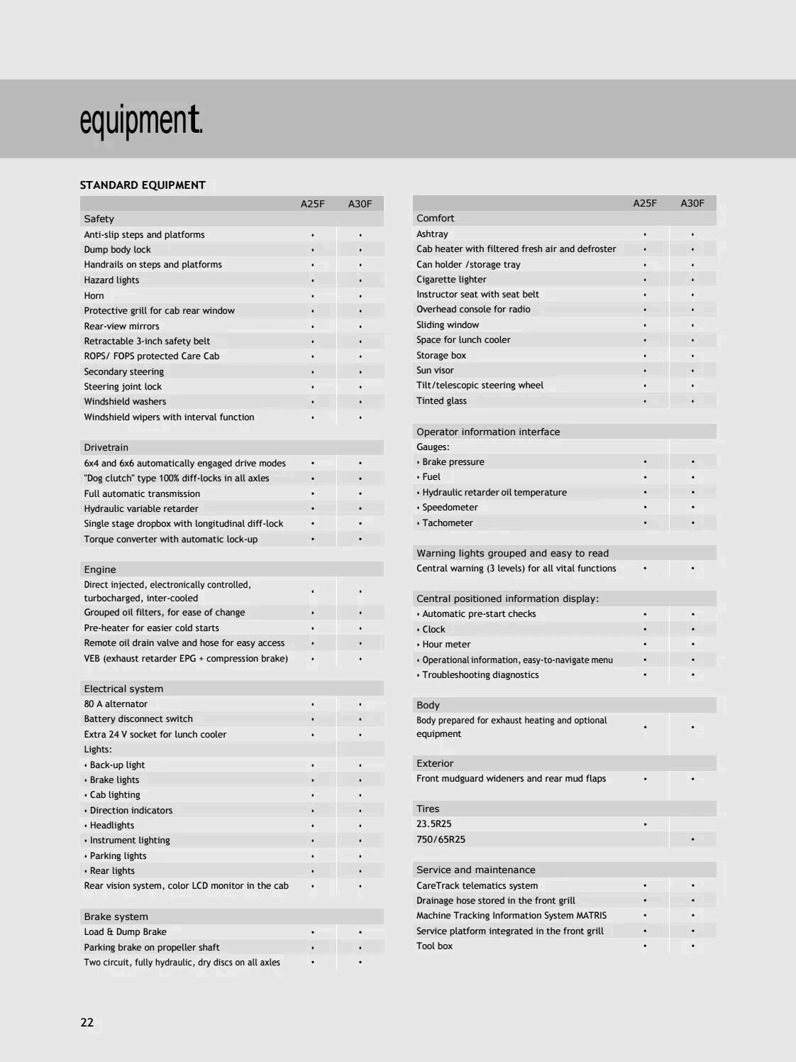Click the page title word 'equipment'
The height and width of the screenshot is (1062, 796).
(x=140, y=121)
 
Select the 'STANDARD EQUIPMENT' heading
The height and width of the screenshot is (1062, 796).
(x=143, y=185)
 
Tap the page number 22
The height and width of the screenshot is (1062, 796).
(x=87, y=1022)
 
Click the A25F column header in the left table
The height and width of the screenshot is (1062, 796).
(x=312, y=204)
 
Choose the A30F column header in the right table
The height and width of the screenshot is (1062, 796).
(x=692, y=203)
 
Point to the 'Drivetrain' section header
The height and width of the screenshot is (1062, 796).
(x=106, y=447)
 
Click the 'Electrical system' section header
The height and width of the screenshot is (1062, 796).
(x=123, y=689)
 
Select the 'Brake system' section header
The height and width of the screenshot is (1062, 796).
(x=116, y=916)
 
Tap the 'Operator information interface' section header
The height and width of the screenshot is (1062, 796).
(x=488, y=432)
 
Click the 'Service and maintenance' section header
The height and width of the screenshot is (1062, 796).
(x=476, y=870)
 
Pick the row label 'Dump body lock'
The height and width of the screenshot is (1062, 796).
(x=118, y=249)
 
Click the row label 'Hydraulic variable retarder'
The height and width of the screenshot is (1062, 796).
(x=141, y=508)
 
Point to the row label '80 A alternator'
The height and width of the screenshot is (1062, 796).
(x=116, y=704)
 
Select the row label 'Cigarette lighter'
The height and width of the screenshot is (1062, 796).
(x=451, y=279)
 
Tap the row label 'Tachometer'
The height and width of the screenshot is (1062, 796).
(x=448, y=522)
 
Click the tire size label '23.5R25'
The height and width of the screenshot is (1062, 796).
(x=434, y=824)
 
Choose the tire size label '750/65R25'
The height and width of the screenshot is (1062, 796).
(x=441, y=839)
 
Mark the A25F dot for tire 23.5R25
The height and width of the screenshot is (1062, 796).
(x=645, y=824)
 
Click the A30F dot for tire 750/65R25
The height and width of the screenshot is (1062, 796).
(x=692, y=839)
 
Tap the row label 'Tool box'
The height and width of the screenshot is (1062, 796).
(x=434, y=946)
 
